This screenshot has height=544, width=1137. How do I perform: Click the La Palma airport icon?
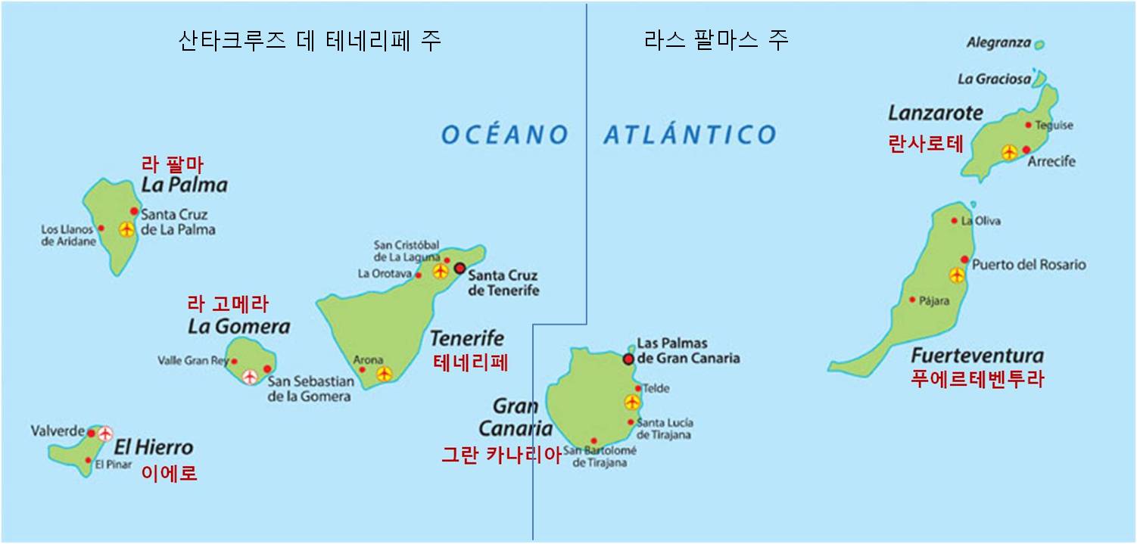point(126,229)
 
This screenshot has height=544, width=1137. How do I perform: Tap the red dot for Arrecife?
point(1026,150)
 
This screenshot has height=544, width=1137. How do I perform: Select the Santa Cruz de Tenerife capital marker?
point(459,268)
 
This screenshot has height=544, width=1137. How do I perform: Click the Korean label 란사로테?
point(926,144)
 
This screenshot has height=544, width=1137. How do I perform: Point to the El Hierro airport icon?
point(104,433)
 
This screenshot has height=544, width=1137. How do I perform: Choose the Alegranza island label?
point(998,43)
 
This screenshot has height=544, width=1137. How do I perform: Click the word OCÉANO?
point(505,135)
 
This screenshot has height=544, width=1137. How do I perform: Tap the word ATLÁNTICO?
point(690,135)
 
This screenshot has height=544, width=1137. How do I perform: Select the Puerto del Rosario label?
point(1029,265)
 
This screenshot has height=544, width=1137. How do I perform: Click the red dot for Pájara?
point(912,300)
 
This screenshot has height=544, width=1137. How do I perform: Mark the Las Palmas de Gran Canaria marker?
point(628,359)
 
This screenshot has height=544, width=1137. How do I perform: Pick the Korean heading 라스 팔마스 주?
point(715,39)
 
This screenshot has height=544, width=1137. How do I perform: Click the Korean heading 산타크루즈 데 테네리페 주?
point(309,39)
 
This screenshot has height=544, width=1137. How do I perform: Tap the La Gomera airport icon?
point(249,375)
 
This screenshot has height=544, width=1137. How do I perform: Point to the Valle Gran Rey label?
point(193,361)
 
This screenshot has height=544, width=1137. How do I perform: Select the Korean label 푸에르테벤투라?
point(978,379)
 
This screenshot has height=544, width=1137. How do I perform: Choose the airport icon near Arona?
point(384,373)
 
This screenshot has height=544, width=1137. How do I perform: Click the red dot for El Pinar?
point(89,460)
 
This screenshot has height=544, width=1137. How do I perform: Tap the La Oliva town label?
point(981,222)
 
